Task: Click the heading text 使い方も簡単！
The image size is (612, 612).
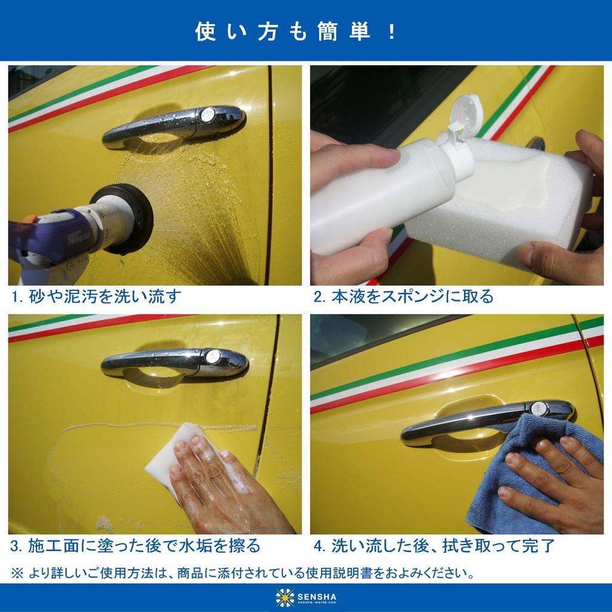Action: click(x=296, y=32)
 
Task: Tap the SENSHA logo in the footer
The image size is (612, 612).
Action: click(x=306, y=597)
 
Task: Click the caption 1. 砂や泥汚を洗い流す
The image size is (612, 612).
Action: click(x=96, y=296)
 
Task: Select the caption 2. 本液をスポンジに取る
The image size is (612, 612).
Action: click(x=404, y=296)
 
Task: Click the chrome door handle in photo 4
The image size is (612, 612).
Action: click(x=466, y=421)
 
